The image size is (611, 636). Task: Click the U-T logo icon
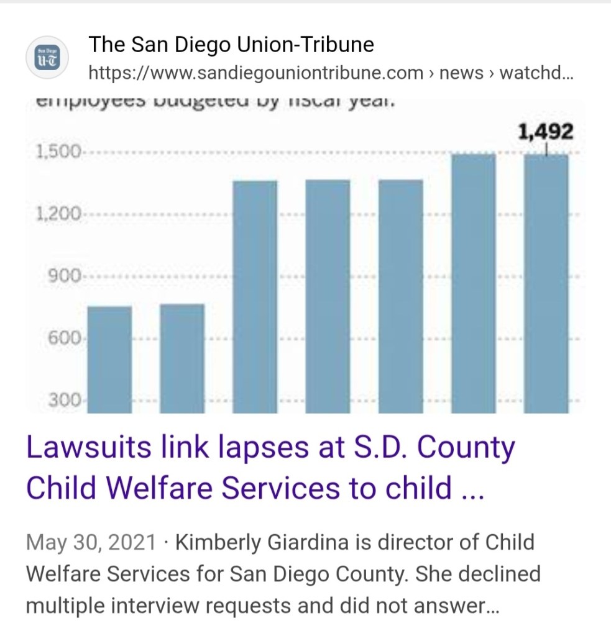(x=46, y=58)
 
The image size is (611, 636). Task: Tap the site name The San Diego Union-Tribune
(x=231, y=45)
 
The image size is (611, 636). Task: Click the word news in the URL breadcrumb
(x=461, y=73)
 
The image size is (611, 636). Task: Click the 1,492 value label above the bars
(x=546, y=132)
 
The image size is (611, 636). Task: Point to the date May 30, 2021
(x=91, y=542)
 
